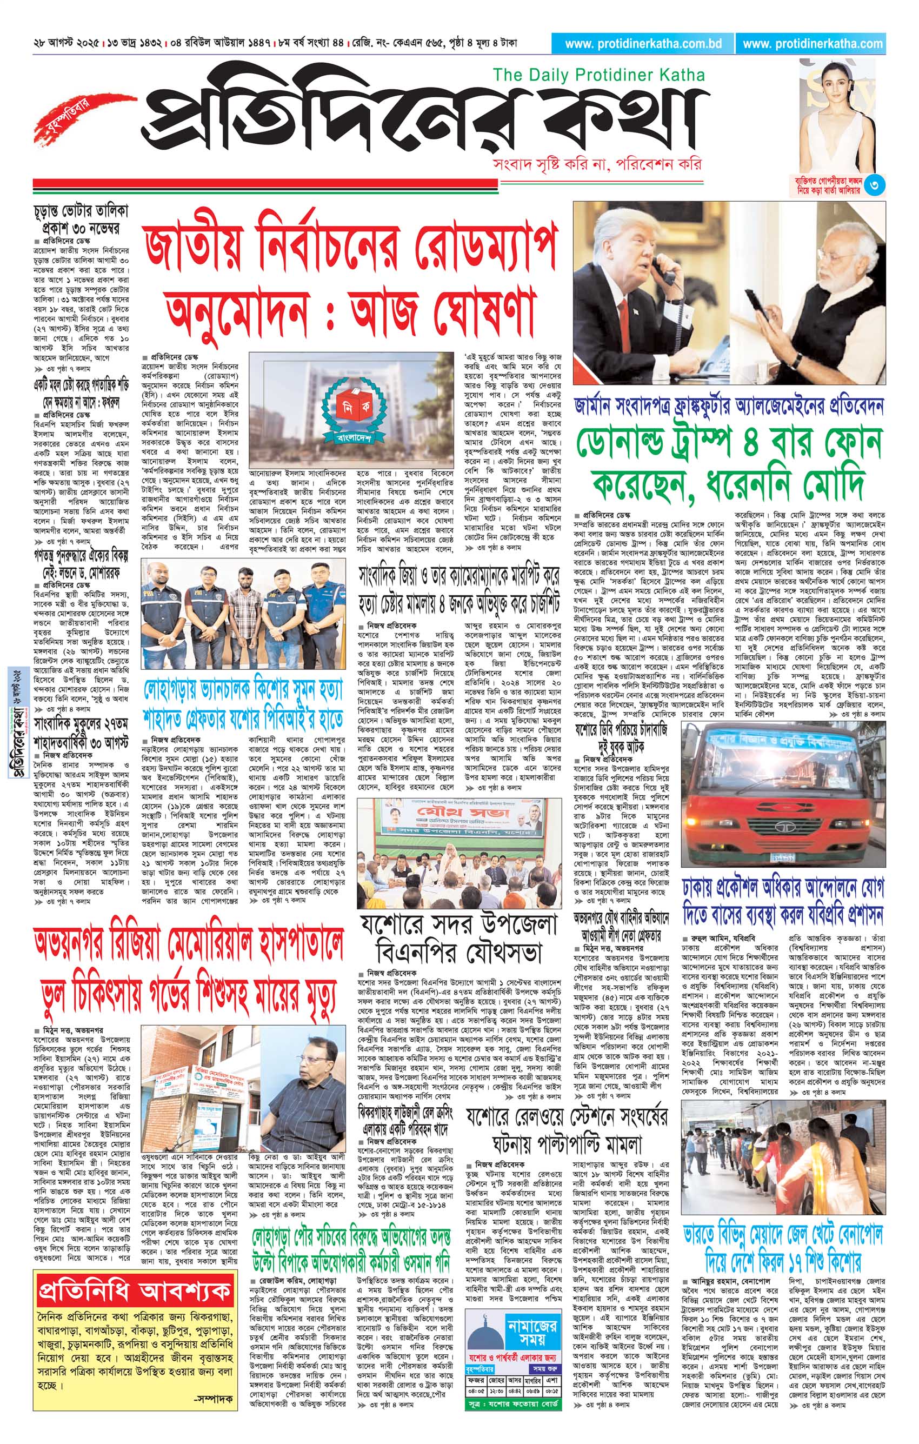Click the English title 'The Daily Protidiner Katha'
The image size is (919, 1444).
(598, 76)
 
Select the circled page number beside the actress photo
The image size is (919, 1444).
(875, 186)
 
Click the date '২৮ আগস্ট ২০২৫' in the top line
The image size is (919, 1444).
(66, 44)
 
